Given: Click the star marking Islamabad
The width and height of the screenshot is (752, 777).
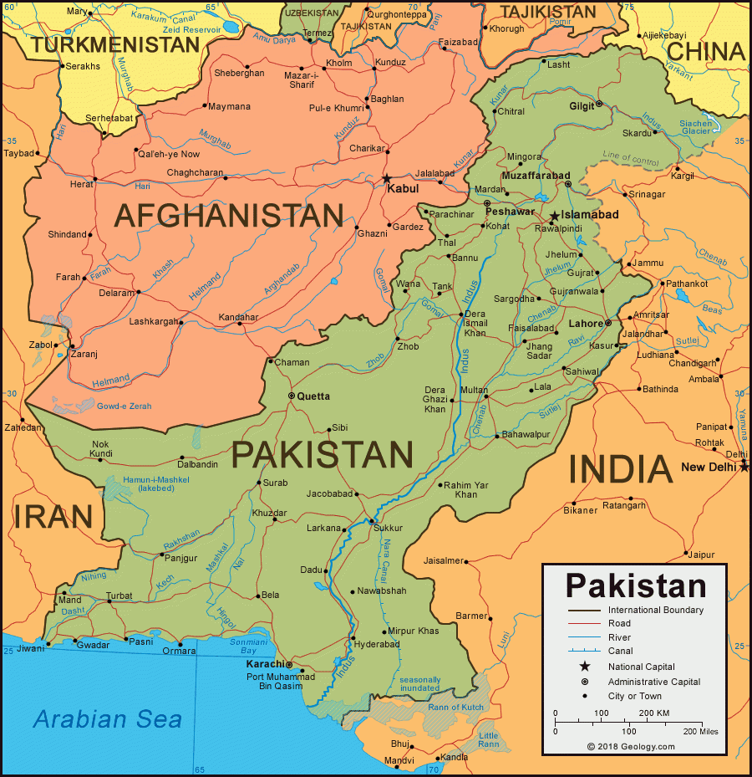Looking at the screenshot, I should pyautogui.click(x=554, y=216).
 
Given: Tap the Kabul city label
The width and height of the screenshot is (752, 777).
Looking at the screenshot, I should pyautogui.click(x=403, y=189).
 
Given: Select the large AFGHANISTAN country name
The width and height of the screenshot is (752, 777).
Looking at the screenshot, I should pyautogui.click(x=229, y=216).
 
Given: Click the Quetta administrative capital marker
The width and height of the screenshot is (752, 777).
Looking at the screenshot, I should pyautogui.click(x=291, y=396).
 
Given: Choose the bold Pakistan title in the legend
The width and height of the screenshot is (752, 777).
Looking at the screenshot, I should pyautogui.click(x=636, y=585).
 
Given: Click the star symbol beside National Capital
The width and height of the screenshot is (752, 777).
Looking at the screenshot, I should pyautogui.click(x=585, y=667).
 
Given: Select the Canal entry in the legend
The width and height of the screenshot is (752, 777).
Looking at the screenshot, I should pyautogui.click(x=620, y=651).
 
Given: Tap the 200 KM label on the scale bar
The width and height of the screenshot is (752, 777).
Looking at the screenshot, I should pyautogui.click(x=654, y=713).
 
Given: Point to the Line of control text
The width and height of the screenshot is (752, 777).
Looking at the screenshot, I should pyautogui.click(x=630, y=156).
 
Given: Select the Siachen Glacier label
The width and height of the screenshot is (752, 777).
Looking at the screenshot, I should pyautogui.click(x=696, y=127).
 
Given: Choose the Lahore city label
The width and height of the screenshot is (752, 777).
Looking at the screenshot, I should pyautogui.click(x=586, y=324).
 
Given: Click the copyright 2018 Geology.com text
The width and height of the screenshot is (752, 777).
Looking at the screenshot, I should pyautogui.click(x=630, y=747).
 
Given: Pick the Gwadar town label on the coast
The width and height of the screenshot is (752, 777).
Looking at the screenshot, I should pyautogui.click(x=92, y=645).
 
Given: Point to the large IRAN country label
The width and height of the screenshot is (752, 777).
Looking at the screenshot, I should pyautogui.click(x=52, y=516).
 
